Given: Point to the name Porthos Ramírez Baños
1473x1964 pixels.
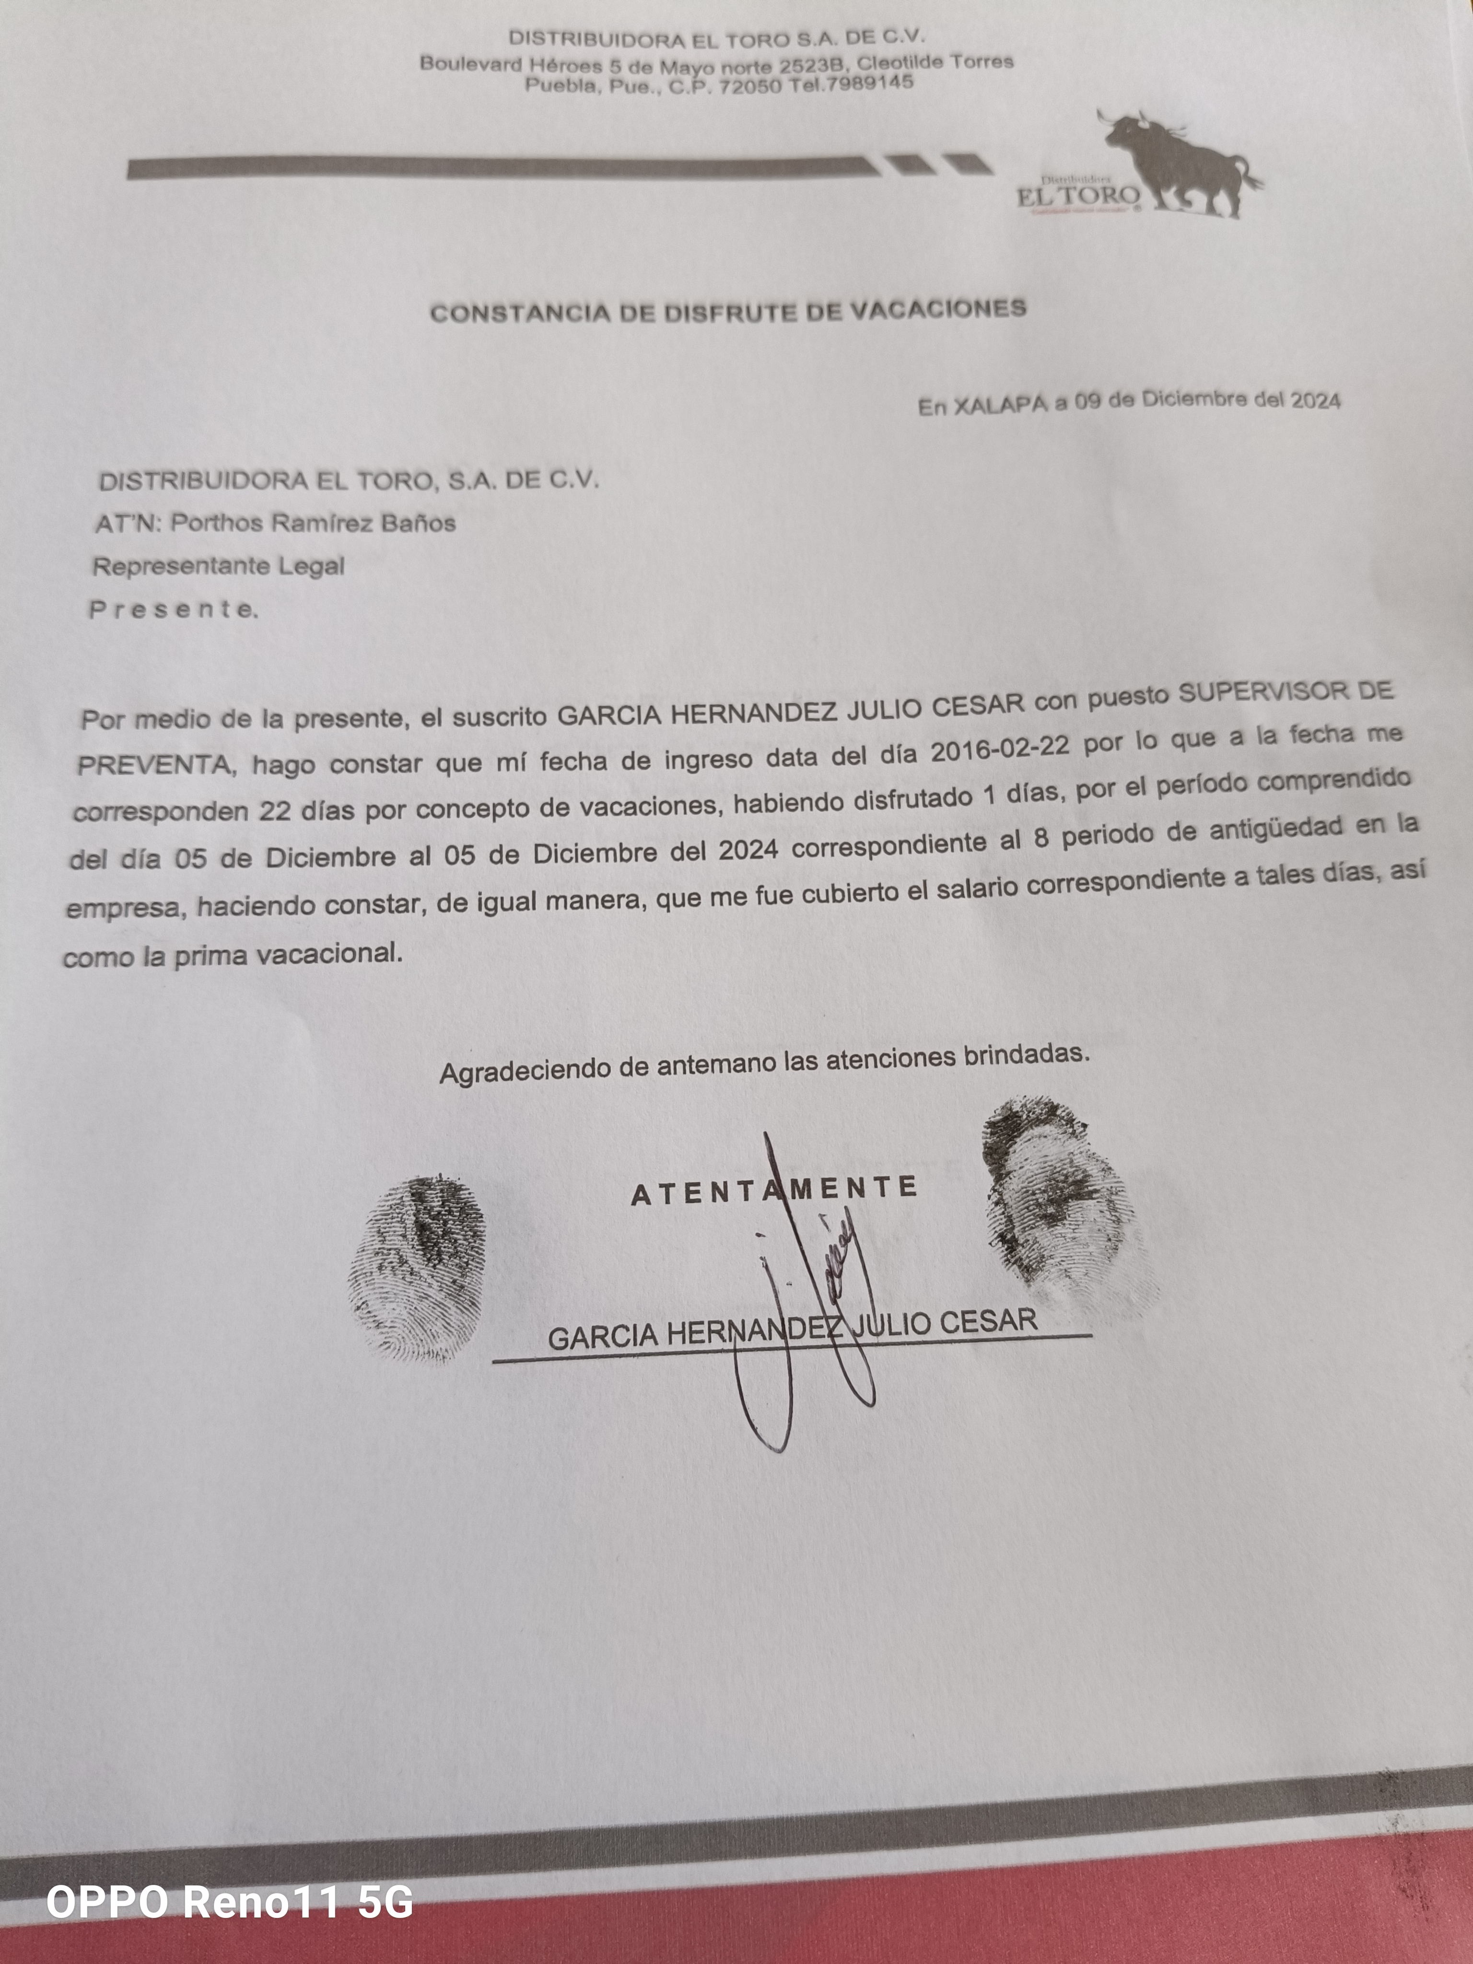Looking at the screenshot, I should (x=313, y=523).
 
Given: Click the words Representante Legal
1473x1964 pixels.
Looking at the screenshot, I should (x=219, y=566).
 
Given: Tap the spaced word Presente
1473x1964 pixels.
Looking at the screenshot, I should (x=173, y=609).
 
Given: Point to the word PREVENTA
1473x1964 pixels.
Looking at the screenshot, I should (x=155, y=765).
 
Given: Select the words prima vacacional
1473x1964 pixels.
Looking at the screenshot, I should (x=287, y=955).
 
